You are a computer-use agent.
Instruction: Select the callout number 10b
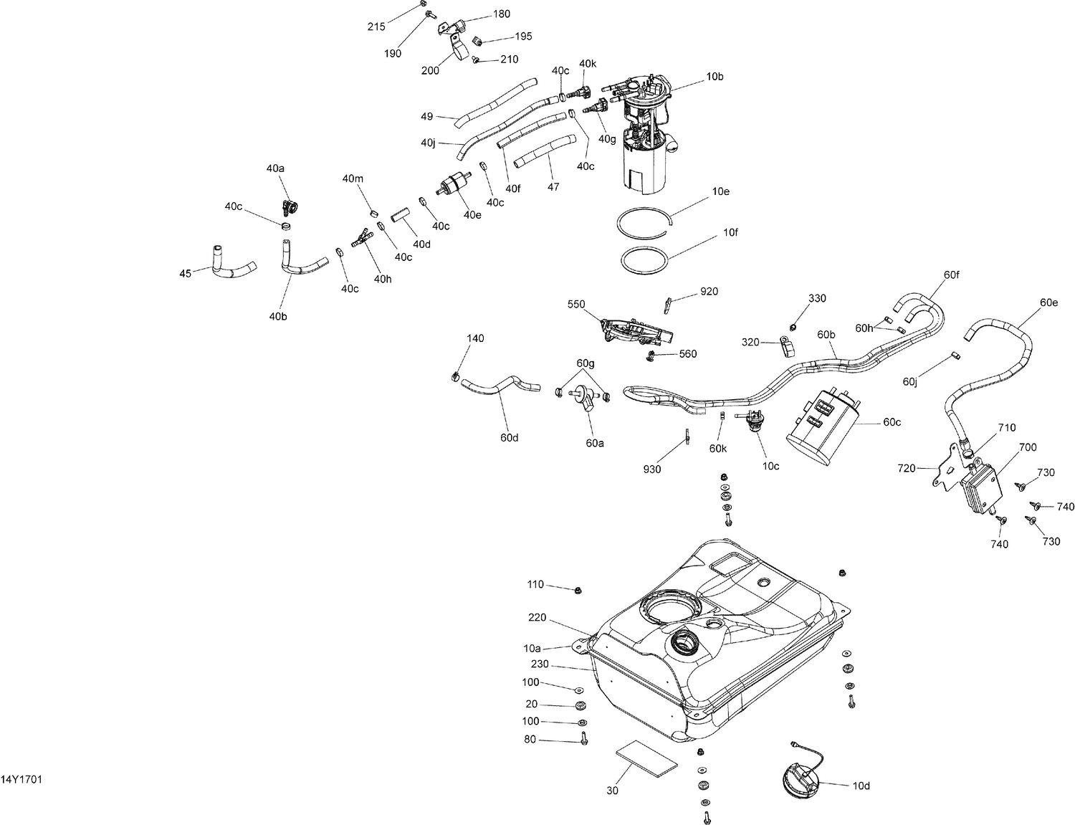click(715, 76)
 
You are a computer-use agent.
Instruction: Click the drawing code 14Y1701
click(21, 779)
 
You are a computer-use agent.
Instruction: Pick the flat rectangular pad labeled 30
click(646, 758)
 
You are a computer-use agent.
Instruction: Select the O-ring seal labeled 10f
click(644, 259)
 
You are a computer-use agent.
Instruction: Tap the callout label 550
click(577, 303)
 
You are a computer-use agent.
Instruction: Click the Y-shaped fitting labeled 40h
click(363, 239)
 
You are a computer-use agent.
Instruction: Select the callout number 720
click(907, 468)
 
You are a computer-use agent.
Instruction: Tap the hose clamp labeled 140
click(454, 376)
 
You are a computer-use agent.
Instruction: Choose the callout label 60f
click(951, 274)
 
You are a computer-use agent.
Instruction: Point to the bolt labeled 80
click(583, 739)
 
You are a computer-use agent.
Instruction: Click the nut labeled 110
click(578, 590)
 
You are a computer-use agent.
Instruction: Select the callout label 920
click(709, 292)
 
